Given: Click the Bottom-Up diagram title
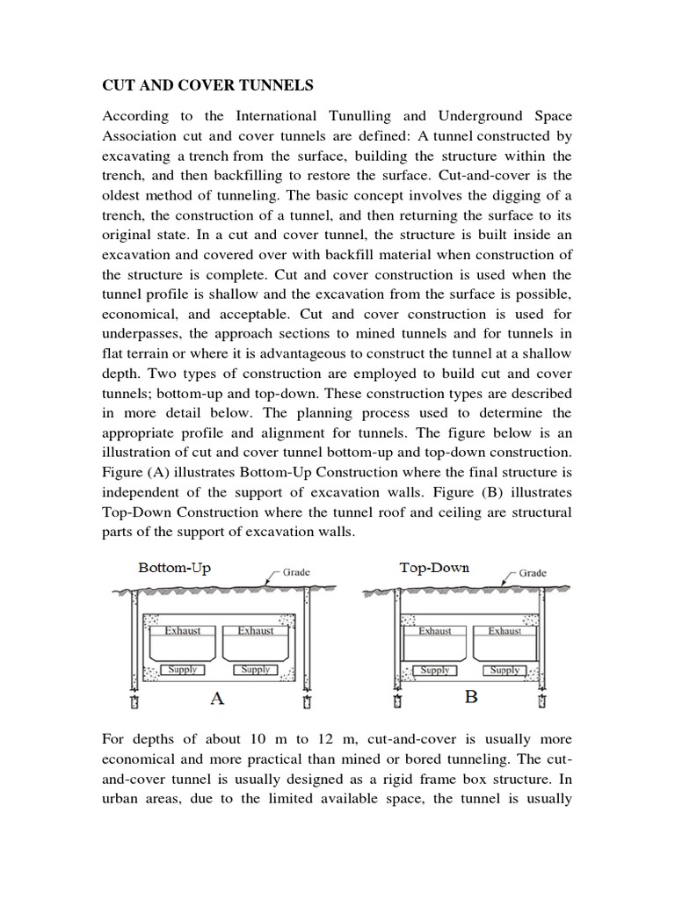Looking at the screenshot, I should [175, 569].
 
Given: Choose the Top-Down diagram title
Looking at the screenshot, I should [434, 568].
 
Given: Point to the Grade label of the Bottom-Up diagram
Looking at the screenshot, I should [296, 572].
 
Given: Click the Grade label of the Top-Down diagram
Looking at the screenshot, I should [533, 572].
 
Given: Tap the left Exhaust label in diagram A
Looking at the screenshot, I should [184, 630].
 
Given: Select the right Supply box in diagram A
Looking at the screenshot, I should [256, 670].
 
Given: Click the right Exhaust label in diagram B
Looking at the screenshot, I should [504, 630].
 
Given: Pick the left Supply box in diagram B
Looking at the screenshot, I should [435, 670].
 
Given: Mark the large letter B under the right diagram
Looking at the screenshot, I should [470, 699].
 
